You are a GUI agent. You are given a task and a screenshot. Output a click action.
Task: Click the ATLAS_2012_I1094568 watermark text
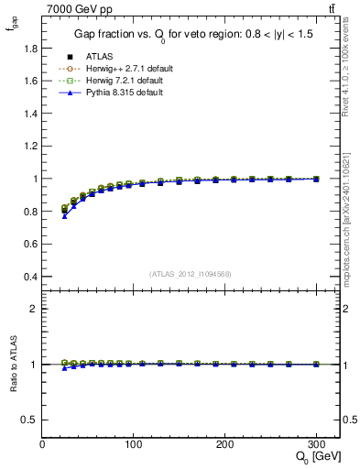(191, 273)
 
